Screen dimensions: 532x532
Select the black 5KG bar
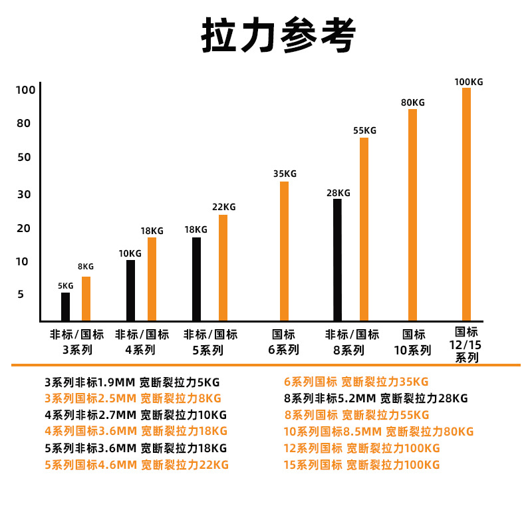tap(65, 307)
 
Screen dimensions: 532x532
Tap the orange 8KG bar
tap(86, 299)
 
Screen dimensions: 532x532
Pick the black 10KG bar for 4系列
tap(130, 290)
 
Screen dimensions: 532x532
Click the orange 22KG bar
tap(223, 267)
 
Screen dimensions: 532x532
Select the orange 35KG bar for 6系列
tap(284, 251)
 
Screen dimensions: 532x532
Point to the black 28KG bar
tap(337, 259)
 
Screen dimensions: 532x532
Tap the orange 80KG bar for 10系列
tap(412, 214)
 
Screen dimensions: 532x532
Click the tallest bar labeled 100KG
tap(466, 203)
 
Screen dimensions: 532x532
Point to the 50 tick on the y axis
tap(25, 158)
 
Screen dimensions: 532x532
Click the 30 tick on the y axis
tap(25, 194)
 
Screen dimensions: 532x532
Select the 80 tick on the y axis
tap(25, 124)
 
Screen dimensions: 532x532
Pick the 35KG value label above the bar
tap(285, 174)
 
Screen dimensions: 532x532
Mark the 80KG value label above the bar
tap(412, 102)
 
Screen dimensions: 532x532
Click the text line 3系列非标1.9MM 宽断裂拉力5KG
tap(132, 382)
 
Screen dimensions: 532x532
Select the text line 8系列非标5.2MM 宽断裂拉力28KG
tap(376, 398)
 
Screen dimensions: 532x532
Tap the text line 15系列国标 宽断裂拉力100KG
tap(362, 465)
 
